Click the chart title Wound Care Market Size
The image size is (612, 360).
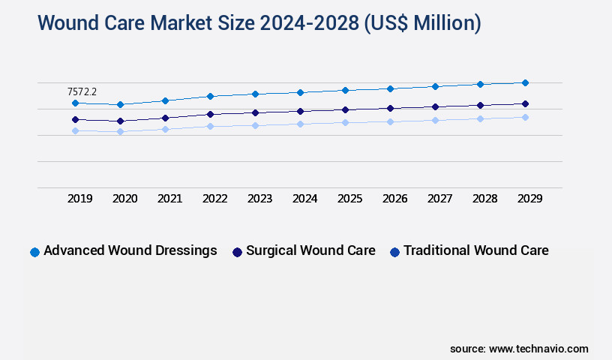pyautogui.click(x=259, y=23)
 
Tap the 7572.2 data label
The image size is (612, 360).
pyautogui.click(x=82, y=91)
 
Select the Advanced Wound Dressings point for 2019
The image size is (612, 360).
pyautogui.click(x=75, y=103)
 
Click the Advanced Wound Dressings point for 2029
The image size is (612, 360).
pyautogui.click(x=525, y=82)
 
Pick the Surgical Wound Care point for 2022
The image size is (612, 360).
pyautogui.click(x=210, y=114)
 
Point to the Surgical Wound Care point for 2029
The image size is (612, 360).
pyautogui.click(x=525, y=103)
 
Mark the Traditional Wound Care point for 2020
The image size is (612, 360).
pyautogui.click(x=120, y=131)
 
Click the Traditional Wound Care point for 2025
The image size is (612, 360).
pyautogui.click(x=345, y=122)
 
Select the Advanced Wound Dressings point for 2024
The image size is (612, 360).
pyautogui.click(x=300, y=92)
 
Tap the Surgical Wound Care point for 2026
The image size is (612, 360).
pyautogui.click(x=390, y=108)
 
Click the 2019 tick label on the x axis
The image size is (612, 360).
pyautogui.click(x=80, y=199)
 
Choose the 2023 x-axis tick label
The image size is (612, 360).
pyautogui.click(x=260, y=199)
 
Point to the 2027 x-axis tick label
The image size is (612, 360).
pyautogui.click(x=440, y=199)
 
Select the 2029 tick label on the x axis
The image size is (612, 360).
pyautogui.click(x=529, y=199)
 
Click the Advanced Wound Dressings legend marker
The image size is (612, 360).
pyautogui.click(x=34, y=252)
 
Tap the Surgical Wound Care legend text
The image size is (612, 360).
pyautogui.click(x=310, y=250)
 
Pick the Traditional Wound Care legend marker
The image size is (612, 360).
pyautogui.click(x=394, y=252)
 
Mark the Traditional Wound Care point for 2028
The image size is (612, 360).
pyautogui.click(x=480, y=118)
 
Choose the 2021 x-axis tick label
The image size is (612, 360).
pyautogui.click(x=170, y=199)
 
